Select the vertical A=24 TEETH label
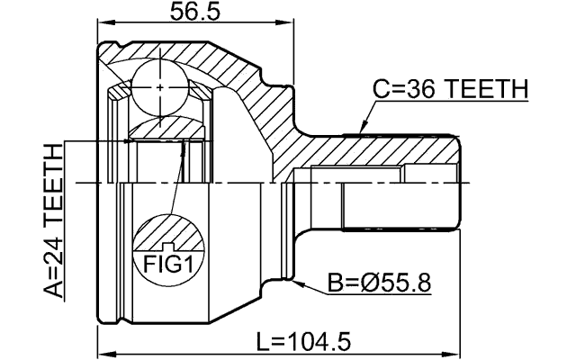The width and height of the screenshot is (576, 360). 55,220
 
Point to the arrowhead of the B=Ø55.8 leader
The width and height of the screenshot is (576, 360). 295,282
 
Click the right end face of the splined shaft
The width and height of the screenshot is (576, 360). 460,180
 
